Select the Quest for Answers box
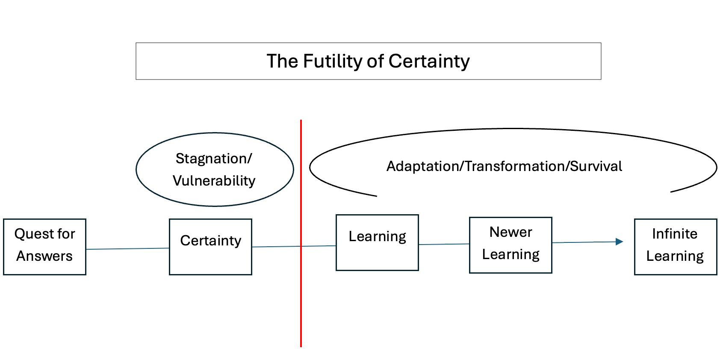[44, 247]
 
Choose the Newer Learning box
[511, 245]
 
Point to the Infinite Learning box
[675, 247]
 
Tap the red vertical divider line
[301, 299]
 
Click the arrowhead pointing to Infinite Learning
[620, 242]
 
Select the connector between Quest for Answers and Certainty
[127, 248]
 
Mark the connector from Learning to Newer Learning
[444, 244]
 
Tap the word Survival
[596, 166]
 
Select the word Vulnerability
[214, 181]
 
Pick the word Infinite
[675, 234]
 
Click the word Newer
[511, 232]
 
